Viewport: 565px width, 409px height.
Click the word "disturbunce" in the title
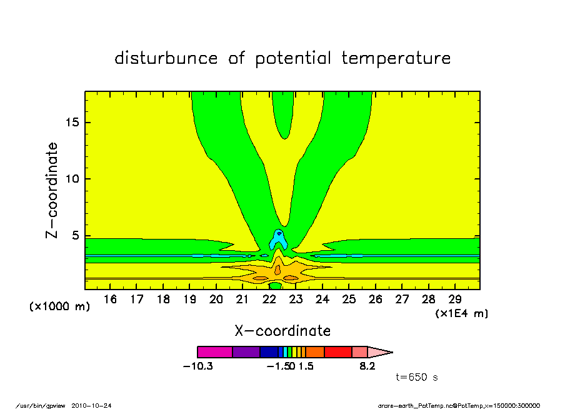pos(166,58)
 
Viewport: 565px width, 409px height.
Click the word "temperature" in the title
pos(396,58)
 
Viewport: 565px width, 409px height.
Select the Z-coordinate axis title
pos(52,191)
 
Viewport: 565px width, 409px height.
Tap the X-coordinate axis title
pos(282,331)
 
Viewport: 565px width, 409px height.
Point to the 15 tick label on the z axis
pos(72,123)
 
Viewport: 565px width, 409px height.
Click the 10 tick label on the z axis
pos(72,179)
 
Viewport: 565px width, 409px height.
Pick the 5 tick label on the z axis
pos(75,236)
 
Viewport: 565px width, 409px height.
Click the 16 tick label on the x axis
pos(110,300)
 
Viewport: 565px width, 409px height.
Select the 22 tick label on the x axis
pos(269,300)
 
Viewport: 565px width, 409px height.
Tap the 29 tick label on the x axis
pos(455,300)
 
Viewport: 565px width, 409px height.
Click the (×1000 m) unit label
pos(59,306)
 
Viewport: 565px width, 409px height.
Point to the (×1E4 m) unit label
pos(462,313)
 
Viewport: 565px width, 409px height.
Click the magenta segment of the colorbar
pos(215,352)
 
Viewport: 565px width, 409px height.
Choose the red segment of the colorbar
pos(338,352)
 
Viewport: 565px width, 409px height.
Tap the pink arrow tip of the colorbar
pos(380,352)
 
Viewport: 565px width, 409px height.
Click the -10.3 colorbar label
pos(198,366)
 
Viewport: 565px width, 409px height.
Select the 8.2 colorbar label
pos(367,366)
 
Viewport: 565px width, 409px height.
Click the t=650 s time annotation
pos(417,377)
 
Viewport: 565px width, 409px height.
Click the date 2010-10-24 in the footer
pos(91,406)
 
